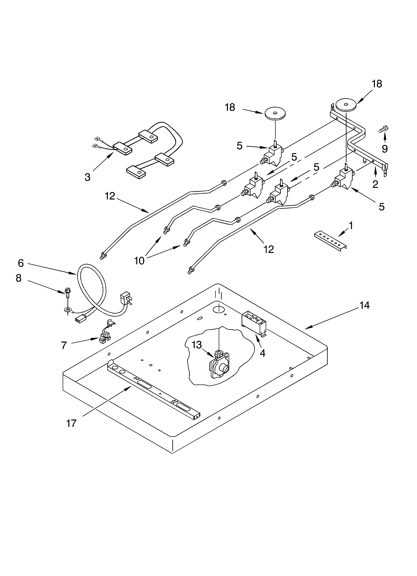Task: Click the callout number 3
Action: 87,177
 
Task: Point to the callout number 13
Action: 197,345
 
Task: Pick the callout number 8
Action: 19,278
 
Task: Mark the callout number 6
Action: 21,263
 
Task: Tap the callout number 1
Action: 351,225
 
